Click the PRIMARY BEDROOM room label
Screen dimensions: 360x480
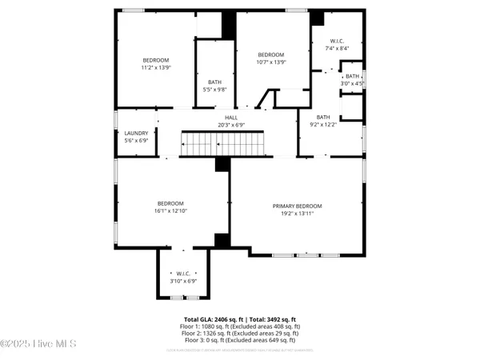(297, 206)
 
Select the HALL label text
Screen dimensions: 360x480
(230, 118)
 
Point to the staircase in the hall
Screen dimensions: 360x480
(222, 144)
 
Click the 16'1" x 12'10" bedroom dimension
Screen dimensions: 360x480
(171, 210)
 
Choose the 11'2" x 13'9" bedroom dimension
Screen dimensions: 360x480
(157, 68)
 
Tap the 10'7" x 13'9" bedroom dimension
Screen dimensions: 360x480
(271, 62)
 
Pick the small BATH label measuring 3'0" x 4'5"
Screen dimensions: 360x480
(352, 83)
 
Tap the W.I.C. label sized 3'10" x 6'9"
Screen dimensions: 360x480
(183, 281)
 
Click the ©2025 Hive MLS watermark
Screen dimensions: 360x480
(38, 344)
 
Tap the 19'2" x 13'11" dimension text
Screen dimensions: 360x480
(297, 214)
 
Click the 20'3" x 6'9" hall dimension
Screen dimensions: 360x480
(230, 125)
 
